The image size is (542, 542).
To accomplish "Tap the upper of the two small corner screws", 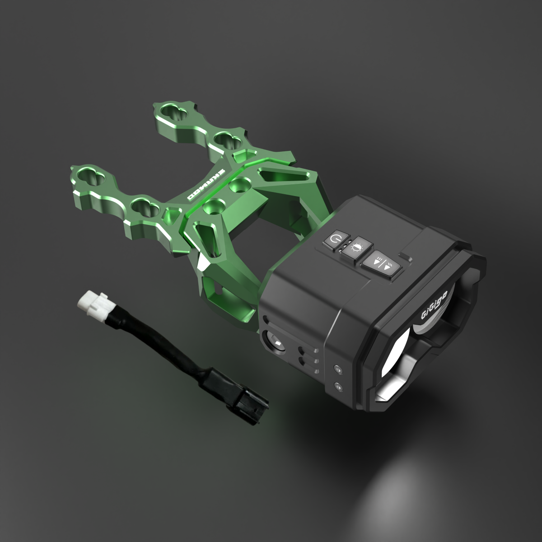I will pyautogui.click(x=336, y=369).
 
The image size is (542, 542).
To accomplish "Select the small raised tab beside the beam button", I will pyautogui.click(x=406, y=257).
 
